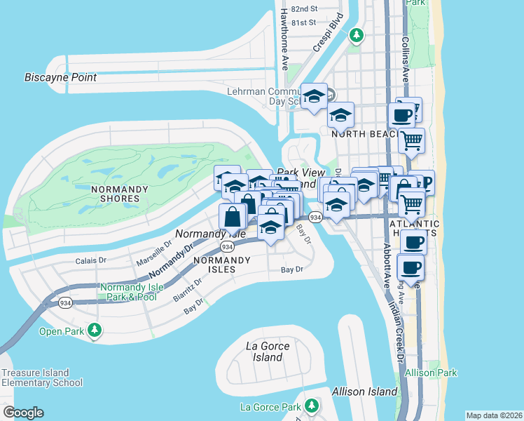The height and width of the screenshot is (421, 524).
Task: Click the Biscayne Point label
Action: click(60, 77)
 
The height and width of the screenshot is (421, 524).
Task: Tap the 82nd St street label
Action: click(303, 9)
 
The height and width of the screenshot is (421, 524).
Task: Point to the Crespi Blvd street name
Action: click(329, 32)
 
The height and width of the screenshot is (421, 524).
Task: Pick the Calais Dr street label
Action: click(91, 260)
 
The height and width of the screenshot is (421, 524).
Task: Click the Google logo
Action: click(23, 413)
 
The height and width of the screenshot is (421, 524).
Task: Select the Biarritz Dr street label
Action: click(188, 290)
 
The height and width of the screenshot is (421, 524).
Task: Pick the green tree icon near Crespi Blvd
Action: click(357, 34)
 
